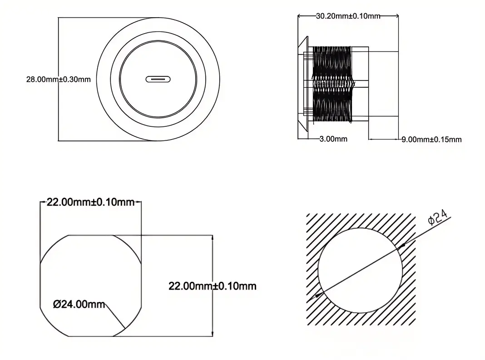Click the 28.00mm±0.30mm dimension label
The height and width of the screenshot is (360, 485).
click(x=59, y=79)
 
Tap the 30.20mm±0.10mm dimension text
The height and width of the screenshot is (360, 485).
click(x=348, y=16)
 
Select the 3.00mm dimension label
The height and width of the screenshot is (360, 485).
click(x=333, y=139)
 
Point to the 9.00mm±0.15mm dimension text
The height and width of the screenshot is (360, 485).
click(x=431, y=140)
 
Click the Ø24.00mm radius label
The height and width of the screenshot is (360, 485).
click(x=79, y=304)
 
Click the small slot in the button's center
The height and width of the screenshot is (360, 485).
click(x=158, y=79)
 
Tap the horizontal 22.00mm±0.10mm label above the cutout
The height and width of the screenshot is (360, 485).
click(x=91, y=202)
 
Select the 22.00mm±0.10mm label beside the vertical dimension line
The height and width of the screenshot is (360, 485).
click(x=213, y=286)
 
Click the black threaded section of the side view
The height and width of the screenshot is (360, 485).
click(x=332, y=84)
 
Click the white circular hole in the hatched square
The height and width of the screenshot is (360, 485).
click(x=361, y=270)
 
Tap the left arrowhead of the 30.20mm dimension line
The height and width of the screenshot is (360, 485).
click(x=301, y=15)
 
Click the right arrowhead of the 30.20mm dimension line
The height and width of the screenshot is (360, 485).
click(x=396, y=15)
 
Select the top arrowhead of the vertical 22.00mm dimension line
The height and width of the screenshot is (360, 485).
click(x=212, y=238)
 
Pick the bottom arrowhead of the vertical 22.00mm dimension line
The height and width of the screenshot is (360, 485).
click(x=212, y=333)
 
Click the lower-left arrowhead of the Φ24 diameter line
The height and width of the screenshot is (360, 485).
click(x=318, y=295)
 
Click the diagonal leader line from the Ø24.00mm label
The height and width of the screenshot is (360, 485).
click(x=115, y=316)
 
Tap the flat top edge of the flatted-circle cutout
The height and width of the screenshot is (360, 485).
click(x=90, y=235)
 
